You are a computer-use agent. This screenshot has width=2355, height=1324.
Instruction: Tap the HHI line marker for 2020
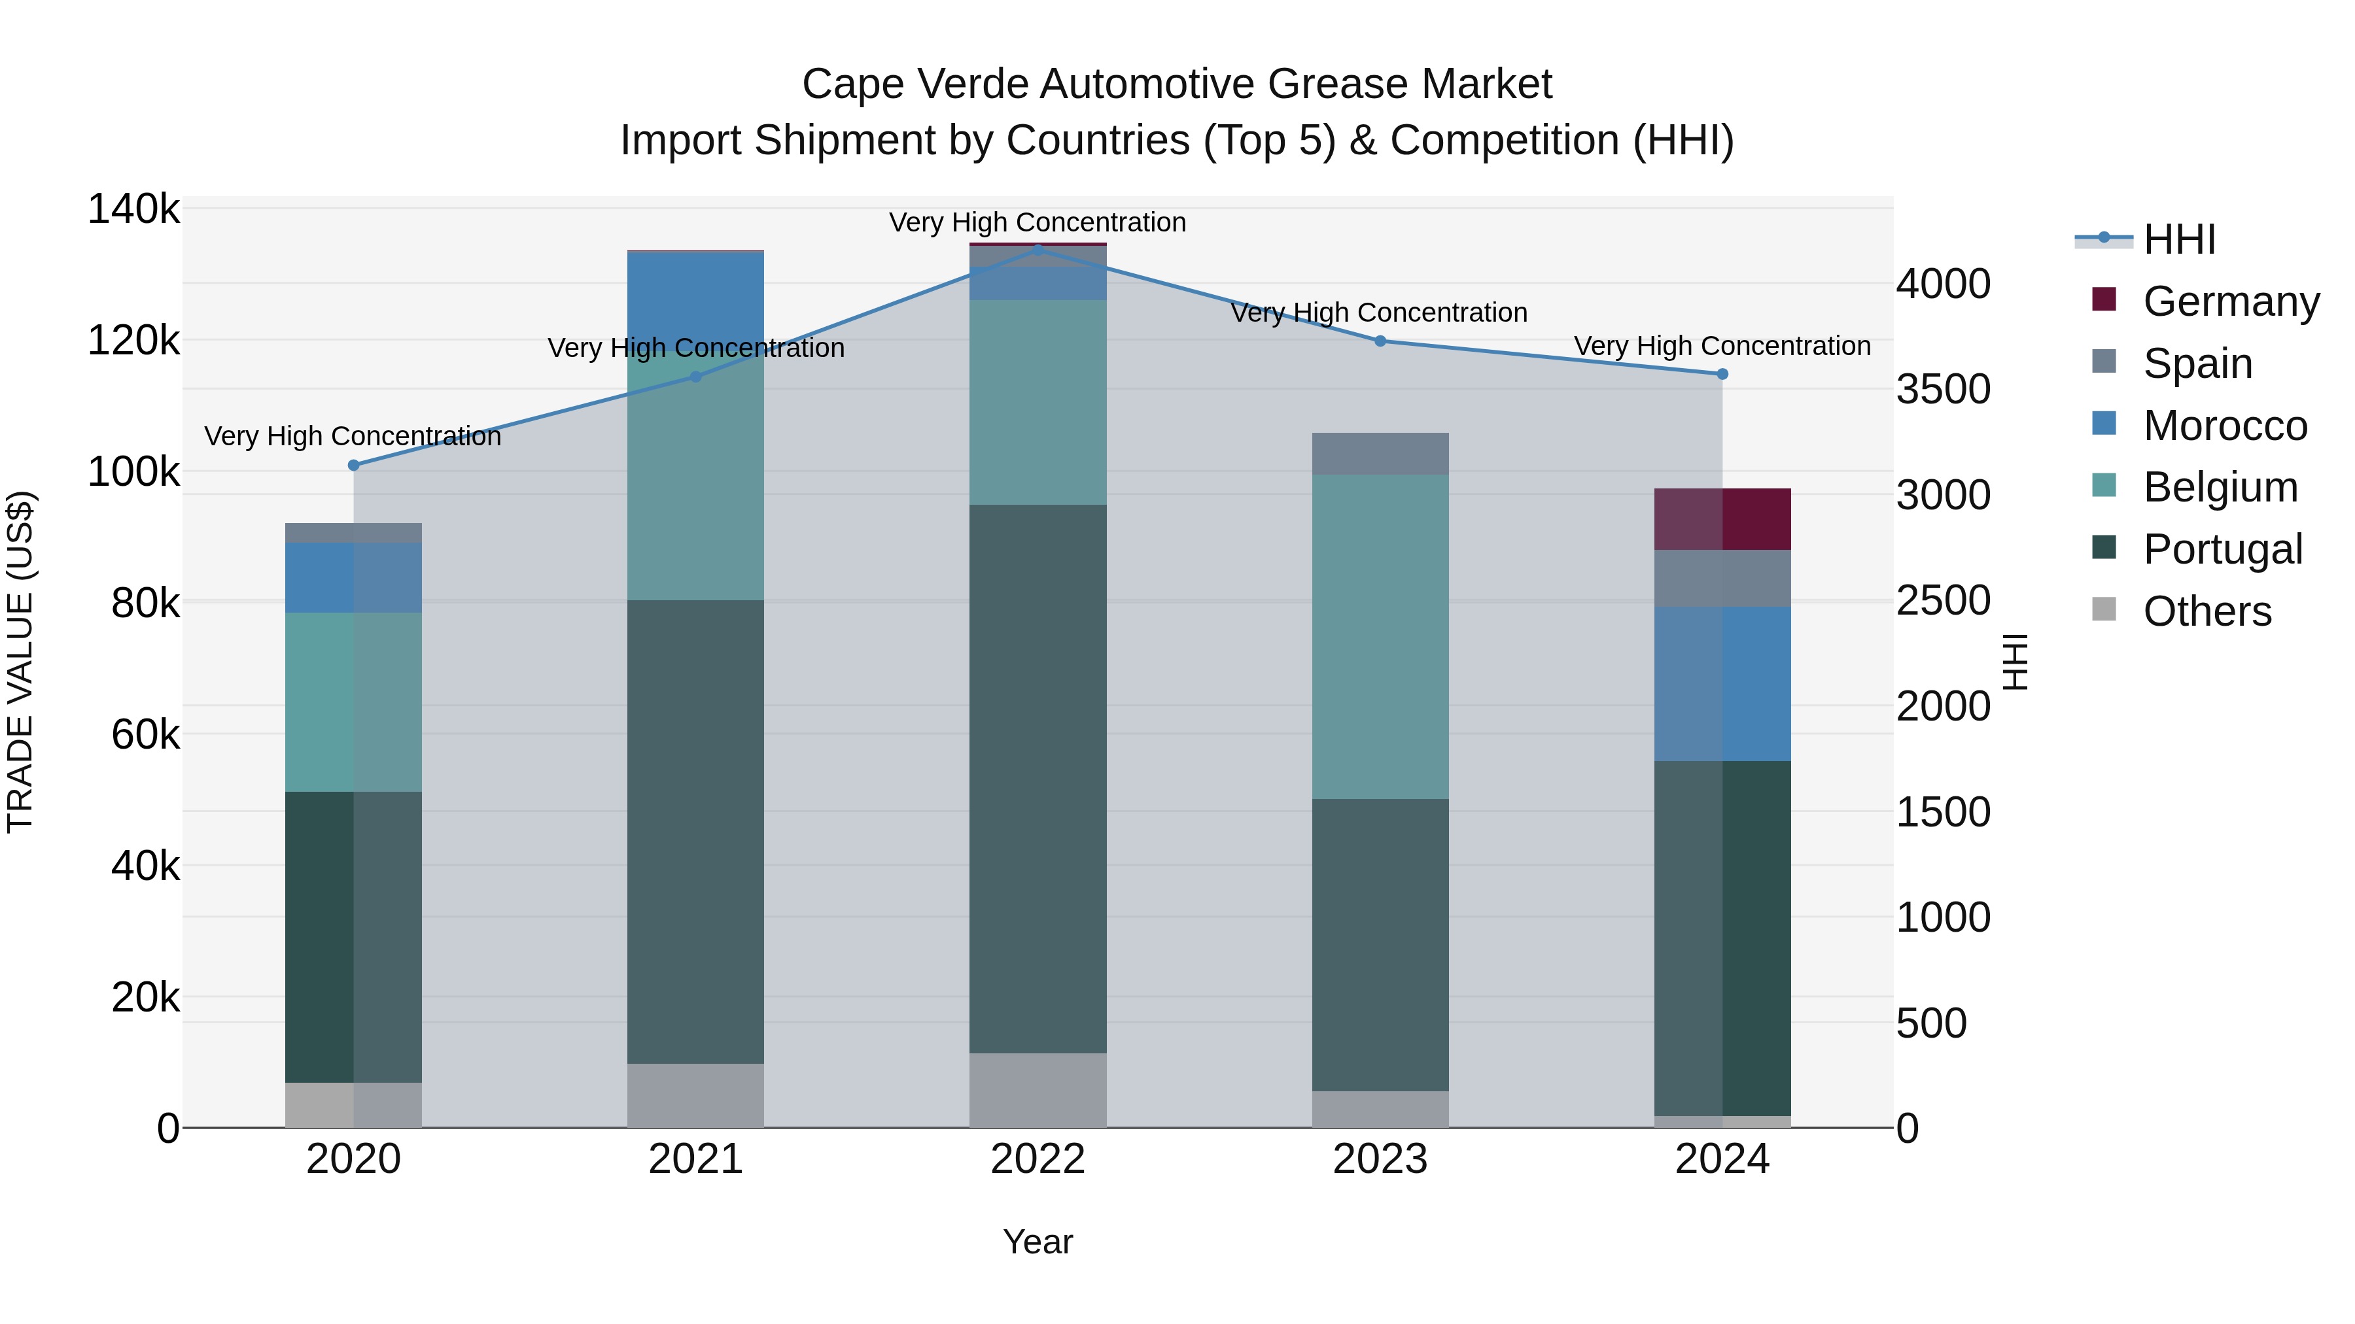(x=354, y=465)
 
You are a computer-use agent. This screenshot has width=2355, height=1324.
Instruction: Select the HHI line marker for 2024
(x=1722, y=374)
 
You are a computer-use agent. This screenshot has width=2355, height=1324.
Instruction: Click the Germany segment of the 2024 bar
(x=1722, y=519)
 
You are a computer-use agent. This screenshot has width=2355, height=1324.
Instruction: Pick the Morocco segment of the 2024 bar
(x=1722, y=683)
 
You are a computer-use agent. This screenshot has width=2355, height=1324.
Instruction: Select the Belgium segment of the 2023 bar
(x=1380, y=636)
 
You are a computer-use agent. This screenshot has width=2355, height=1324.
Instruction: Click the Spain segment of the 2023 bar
(x=1380, y=453)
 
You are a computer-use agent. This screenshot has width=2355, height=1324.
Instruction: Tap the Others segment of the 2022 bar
(x=1038, y=1090)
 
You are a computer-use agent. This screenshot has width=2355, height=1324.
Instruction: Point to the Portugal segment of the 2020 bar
(x=354, y=936)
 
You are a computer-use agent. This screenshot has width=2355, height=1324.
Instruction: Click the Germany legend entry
(x=2231, y=301)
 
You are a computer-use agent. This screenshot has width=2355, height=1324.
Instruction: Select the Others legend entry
(x=2207, y=611)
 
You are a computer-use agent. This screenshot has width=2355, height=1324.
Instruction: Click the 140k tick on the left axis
(x=133, y=209)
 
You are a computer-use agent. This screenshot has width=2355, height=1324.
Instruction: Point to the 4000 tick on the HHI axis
(x=1943, y=284)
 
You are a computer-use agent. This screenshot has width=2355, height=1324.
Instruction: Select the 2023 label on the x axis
(x=1380, y=1159)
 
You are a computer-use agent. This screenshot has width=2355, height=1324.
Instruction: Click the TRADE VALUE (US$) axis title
(x=20, y=662)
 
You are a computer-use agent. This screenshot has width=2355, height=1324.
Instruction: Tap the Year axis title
(x=1038, y=1242)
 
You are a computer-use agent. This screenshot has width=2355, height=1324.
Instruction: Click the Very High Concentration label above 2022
(x=1038, y=222)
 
